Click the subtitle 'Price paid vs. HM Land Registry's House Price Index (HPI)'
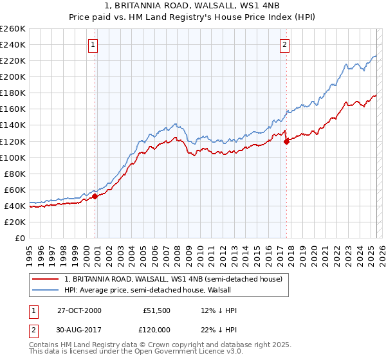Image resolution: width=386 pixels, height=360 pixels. coord(193,17)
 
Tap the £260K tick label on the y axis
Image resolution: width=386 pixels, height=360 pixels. coord(13,28)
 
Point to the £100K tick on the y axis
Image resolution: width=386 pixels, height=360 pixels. coord(13,157)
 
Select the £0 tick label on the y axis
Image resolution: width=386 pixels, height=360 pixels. coord(21,238)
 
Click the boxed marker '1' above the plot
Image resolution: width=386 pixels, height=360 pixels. coord(94,44)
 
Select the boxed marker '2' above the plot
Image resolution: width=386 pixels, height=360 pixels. coord(284,44)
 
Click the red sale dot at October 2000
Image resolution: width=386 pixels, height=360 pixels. coord(95,196)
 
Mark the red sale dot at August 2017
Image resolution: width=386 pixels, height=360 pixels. coord(286,141)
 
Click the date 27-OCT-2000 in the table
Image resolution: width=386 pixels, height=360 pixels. coord(79,310)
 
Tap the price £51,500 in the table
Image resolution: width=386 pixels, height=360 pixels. coord(156,310)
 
